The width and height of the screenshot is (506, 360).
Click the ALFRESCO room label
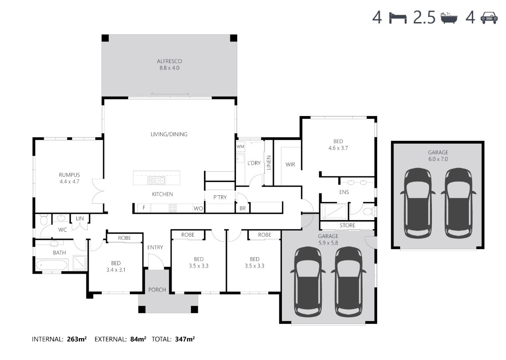[169, 61]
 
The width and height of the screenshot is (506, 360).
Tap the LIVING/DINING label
[169, 134]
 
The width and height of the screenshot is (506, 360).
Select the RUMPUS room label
[69, 175]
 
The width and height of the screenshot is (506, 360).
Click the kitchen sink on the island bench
[157, 180]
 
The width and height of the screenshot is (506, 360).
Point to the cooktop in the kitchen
[173, 208]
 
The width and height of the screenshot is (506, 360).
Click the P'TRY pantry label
[220, 197]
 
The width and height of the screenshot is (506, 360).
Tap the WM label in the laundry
[241, 146]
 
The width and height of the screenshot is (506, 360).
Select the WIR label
[290, 165]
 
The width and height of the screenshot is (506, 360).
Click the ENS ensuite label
[344, 192]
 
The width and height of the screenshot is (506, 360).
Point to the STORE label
[347, 225]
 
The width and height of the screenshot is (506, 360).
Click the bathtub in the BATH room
[52, 265]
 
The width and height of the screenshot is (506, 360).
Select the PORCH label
[157, 290]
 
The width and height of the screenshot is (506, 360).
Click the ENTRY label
[155, 247]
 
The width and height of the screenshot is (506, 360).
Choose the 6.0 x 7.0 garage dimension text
[438, 159]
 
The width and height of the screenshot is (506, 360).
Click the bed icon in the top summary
[398, 17]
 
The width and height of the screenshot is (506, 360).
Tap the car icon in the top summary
[489, 18]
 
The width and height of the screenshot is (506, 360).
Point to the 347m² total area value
[185, 339]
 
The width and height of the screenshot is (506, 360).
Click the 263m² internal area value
[77, 339]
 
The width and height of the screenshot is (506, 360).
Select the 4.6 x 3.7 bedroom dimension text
[338, 148]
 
